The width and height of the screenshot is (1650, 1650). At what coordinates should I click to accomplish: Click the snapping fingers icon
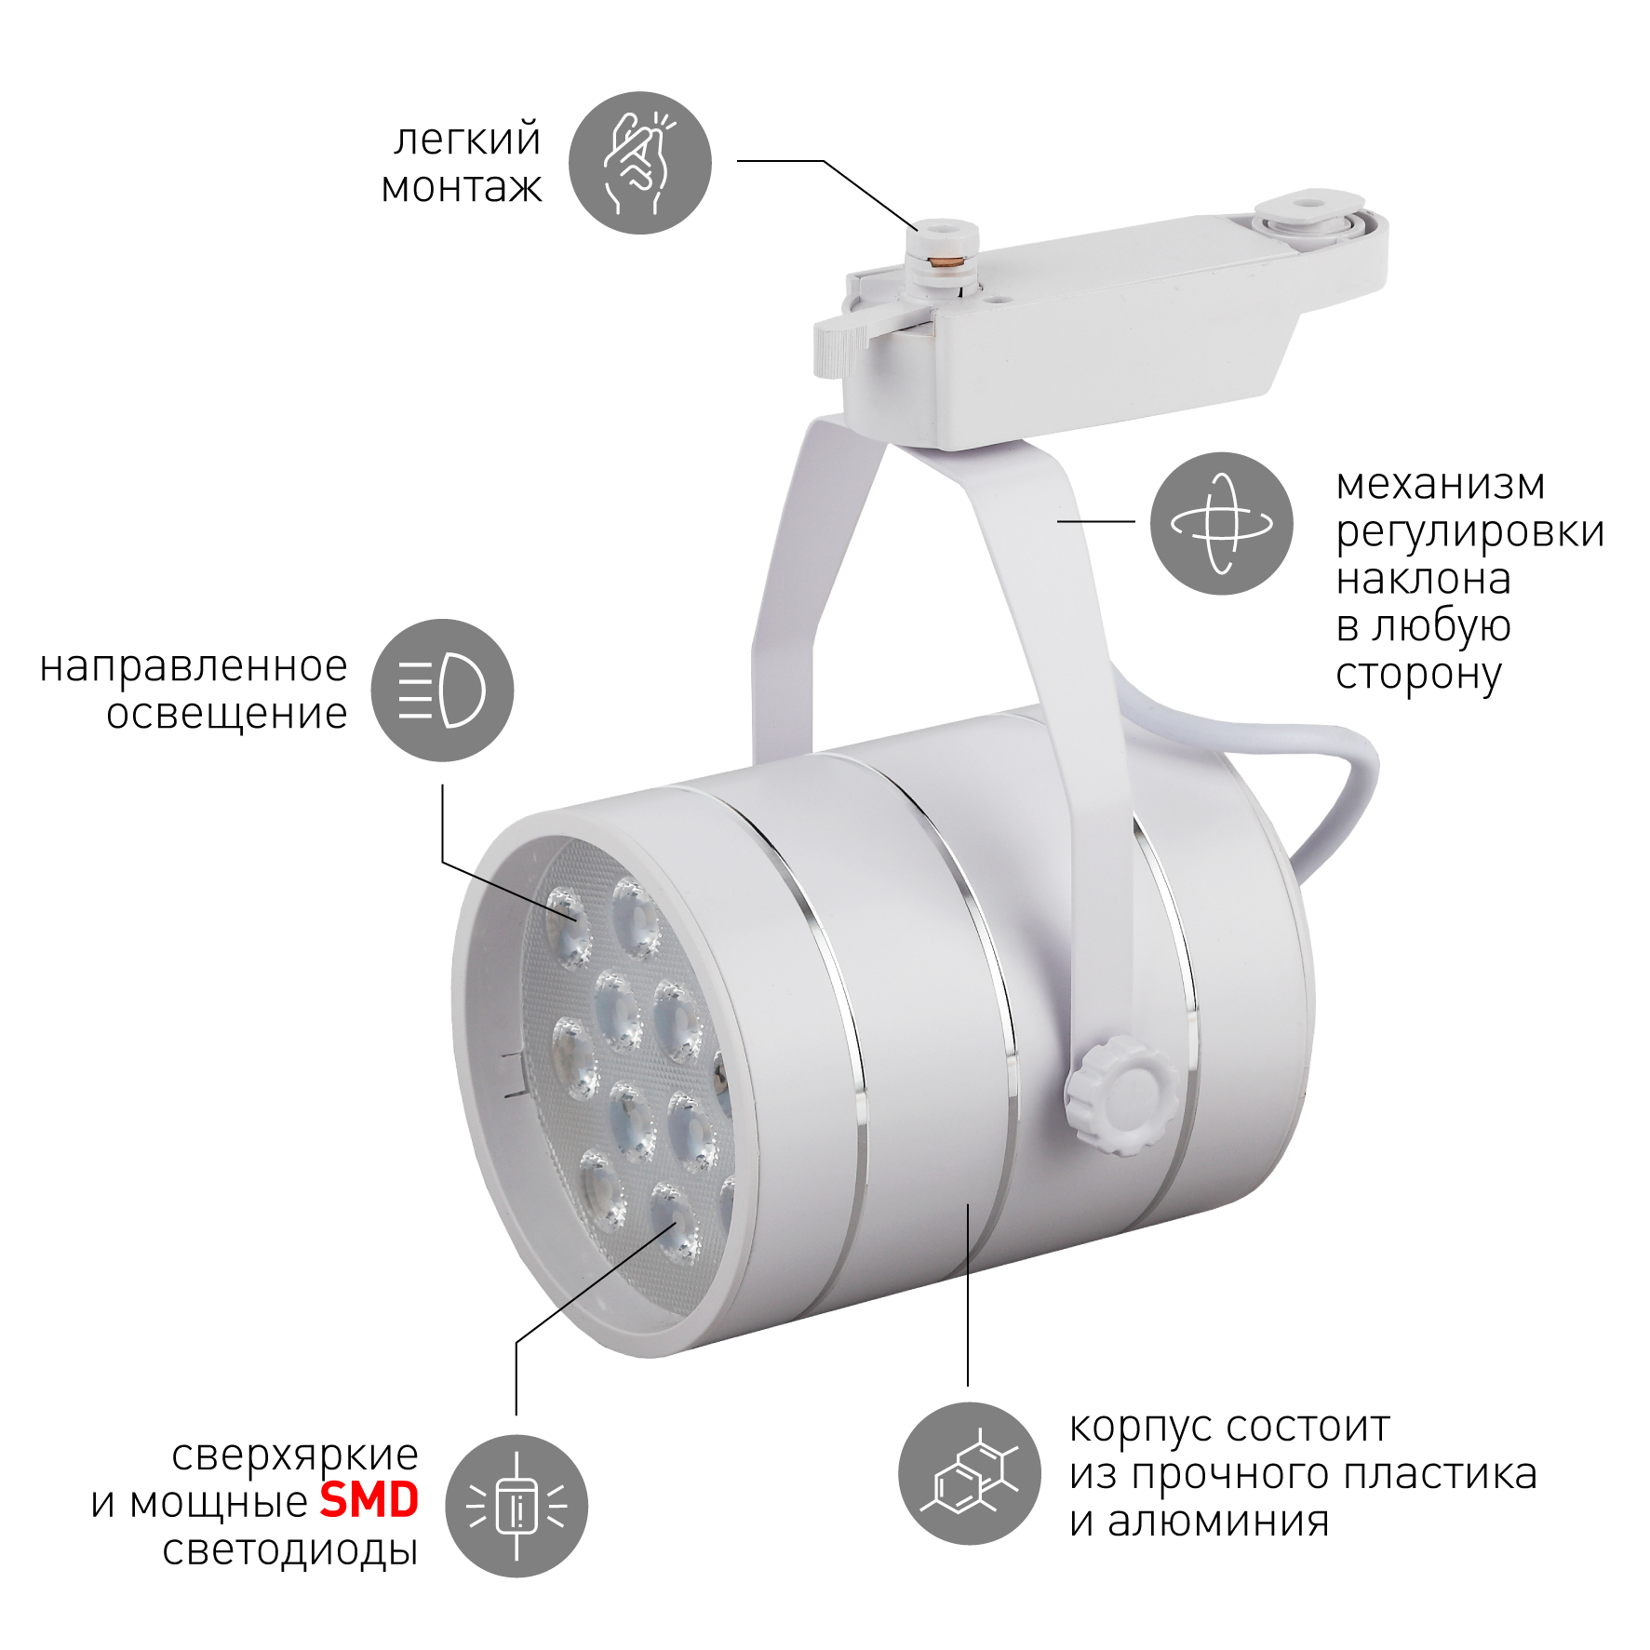(640, 163)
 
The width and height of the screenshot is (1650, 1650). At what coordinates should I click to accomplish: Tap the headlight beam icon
(442, 691)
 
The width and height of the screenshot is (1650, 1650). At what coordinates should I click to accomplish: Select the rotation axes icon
(1221, 524)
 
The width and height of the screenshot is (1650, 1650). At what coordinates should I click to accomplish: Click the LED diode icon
(516, 1506)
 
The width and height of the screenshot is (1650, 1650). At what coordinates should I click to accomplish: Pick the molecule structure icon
(969, 1473)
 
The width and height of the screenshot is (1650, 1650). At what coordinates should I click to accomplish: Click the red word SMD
(369, 1500)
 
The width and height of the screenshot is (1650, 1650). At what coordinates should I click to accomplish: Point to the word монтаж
(462, 187)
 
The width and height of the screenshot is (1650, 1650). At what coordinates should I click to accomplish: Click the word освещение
(227, 715)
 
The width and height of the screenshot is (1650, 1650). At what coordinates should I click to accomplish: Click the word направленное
(194, 667)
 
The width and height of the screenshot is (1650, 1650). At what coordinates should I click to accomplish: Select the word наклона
(1423, 580)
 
